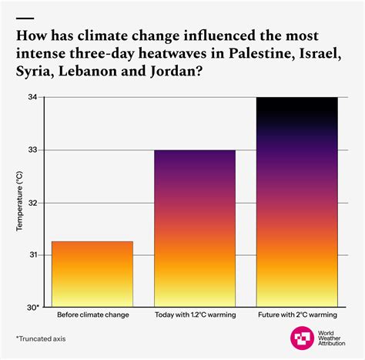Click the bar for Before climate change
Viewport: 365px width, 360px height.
(92, 274)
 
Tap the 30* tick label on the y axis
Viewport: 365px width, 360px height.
(33, 307)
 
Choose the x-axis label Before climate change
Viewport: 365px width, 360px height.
(92, 316)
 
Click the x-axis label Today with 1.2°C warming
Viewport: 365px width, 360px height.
(194, 316)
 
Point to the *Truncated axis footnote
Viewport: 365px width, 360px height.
(41, 338)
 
